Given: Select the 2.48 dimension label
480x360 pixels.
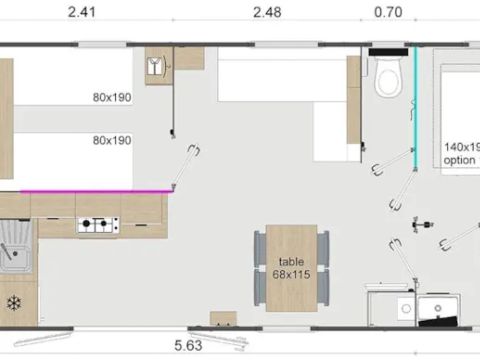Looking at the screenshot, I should pyautogui.click(x=269, y=13).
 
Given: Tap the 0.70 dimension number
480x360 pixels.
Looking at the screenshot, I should pyautogui.click(x=388, y=13).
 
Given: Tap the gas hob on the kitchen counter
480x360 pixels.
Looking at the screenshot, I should pyautogui.click(x=97, y=227).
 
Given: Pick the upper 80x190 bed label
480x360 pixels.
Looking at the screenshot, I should pyautogui.click(x=111, y=98).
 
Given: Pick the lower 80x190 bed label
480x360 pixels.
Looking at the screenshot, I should pyautogui.click(x=111, y=140).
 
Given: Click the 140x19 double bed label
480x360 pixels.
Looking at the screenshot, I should pyautogui.click(x=461, y=146).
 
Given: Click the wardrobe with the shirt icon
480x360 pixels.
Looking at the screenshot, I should pyautogui.click(x=158, y=66).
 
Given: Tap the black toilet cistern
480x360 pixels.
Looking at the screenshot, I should pyautogui.click(x=389, y=51).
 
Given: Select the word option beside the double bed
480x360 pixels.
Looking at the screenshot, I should pyautogui.click(x=461, y=160).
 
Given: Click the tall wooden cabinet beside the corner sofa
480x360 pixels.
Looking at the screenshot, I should pyautogui.click(x=353, y=100).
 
